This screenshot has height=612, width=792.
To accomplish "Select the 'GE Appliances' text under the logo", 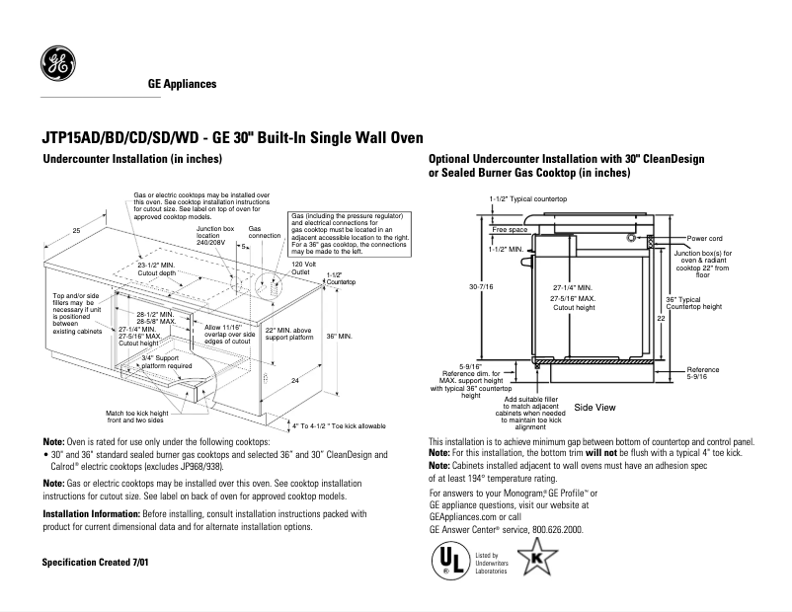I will [x=182, y=84].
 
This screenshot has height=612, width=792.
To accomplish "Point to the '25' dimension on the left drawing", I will [x=76, y=230].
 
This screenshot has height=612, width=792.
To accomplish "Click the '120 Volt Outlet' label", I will [x=304, y=268].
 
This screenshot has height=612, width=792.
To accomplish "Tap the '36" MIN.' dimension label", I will [x=340, y=337].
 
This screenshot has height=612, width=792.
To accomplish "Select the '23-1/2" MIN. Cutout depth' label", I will [x=157, y=269].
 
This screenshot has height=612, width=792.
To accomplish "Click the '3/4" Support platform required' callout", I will [x=166, y=361].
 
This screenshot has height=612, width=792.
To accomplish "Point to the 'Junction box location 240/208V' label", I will [x=214, y=236].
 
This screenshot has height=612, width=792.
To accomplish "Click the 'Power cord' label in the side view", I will [x=706, y=238].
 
